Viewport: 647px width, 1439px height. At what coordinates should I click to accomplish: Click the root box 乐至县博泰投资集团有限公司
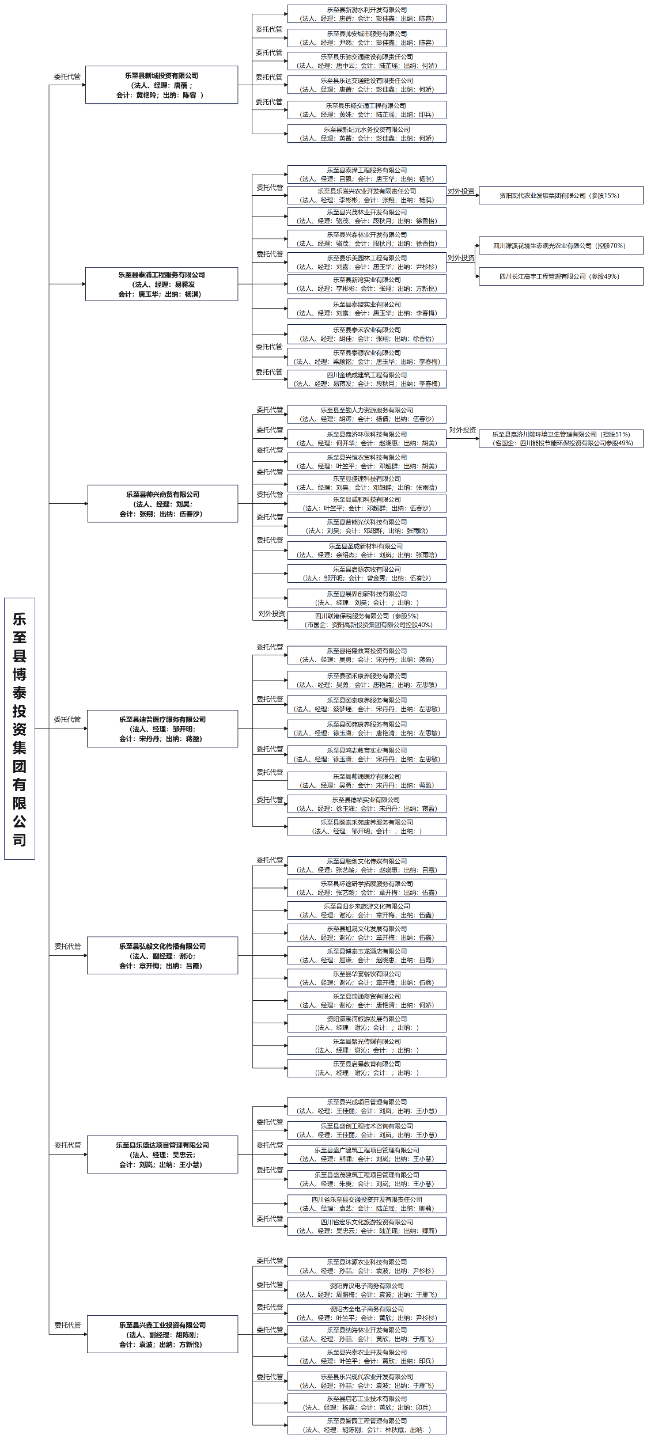click(20, 728)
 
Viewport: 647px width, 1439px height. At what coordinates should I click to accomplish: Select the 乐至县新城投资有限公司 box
click(161, 85)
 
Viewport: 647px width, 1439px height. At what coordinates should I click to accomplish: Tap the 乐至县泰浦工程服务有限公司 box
click(161, 284)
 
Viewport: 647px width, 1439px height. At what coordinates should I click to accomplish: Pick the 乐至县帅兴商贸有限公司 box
click(162, 503)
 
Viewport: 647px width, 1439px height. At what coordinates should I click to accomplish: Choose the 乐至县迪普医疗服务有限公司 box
click(162, 728)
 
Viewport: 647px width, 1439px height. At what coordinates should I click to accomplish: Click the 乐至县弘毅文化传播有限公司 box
click(162, 955)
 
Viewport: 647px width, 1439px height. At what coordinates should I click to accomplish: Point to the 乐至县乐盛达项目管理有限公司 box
click(162, 1154)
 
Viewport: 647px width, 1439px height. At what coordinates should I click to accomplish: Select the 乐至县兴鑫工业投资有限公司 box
click(162, 1334)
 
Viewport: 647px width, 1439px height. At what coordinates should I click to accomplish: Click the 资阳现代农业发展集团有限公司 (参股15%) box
click(561, 195)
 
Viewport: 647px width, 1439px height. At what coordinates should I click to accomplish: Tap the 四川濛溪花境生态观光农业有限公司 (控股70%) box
click(561, 245)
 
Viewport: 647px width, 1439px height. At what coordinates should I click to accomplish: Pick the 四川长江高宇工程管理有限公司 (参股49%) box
click(561, 276)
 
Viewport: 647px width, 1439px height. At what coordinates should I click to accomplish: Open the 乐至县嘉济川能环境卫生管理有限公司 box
click(561, 438)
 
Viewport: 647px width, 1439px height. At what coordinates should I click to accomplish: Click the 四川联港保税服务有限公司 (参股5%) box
click(366, 620)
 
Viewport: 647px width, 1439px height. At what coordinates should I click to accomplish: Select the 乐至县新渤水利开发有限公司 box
click(366, 14)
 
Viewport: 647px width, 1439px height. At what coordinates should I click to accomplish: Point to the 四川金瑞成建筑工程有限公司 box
click(366, 379)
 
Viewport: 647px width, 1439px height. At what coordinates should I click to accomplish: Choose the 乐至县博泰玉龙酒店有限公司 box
click(366, 955)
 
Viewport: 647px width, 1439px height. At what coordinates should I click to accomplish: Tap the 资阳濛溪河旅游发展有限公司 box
click(366, 1023)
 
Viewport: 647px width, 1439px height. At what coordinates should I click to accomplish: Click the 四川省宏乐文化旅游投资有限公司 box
click(366, 1226)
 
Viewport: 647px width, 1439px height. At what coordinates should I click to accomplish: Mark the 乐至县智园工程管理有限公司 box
click(366, 1425)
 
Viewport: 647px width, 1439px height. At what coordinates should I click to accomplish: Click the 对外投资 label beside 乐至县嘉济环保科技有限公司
click(462, 430)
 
